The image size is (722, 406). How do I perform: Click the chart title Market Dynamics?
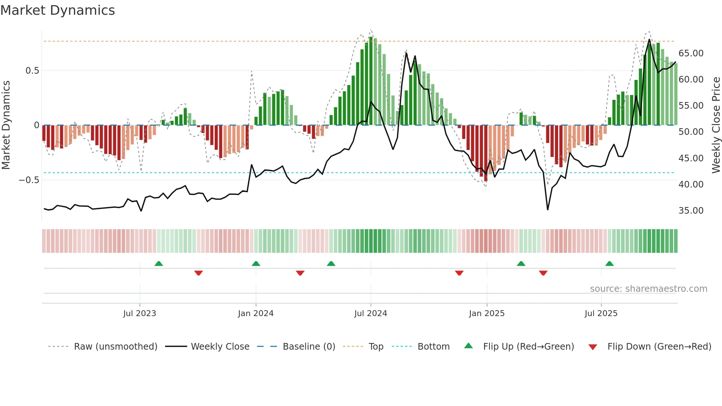[x=57, y=10]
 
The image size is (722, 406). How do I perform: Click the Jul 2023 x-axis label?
[x=140, y=314]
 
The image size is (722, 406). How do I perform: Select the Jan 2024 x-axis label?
[x=256, y=314]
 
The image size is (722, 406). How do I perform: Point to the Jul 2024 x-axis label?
[x=371, y=314]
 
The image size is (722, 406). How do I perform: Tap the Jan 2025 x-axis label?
[x=487, y=314]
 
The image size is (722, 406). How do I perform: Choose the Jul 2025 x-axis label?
[x=601, y=314]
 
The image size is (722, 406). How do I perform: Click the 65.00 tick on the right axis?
[x=691, y=53]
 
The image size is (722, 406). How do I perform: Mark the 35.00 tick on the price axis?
[x=691, y=211]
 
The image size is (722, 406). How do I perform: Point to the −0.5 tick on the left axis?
[x=29, y=180]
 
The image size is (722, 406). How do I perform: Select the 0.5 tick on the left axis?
[x=32, y=71]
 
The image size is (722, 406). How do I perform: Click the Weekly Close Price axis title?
[x=716, y=125]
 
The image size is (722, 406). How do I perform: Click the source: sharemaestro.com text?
[x=648, y=289]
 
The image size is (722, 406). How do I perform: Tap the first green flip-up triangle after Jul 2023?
[x=159, y=264]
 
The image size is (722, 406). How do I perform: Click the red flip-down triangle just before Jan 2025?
[x=459, y=273]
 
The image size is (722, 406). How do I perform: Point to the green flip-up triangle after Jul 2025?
[x=609, y=264]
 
